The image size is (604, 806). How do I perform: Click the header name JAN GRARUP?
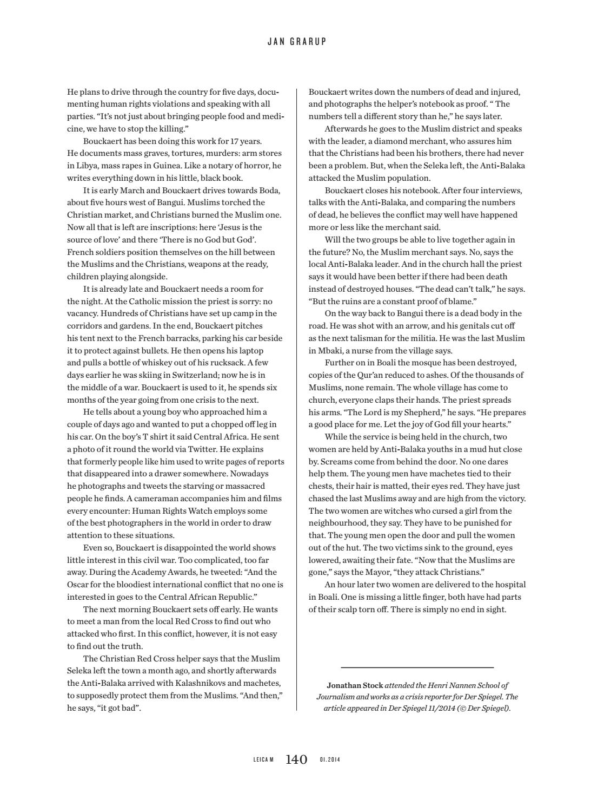coord(297,42)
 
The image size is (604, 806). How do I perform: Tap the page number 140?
coord(296,759)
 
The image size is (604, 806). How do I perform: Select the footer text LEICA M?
coord(263,760)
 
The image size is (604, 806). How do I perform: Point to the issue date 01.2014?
coord(330,760)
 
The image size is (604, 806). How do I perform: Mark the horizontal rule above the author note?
coord(417,668)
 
